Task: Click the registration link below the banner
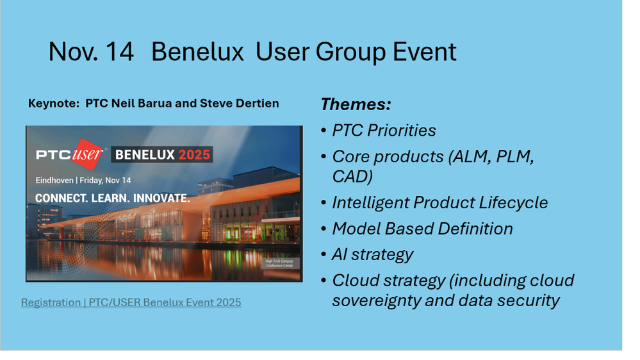131,302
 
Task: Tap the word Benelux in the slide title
197,52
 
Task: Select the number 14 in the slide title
120,52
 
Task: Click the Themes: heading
356,104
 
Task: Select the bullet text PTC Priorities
384,131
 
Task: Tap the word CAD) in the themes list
352,176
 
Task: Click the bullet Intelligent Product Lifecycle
439,203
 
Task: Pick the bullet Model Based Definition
422,229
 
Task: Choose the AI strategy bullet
372,255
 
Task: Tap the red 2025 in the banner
194,154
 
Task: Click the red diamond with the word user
87,154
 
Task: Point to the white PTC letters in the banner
53,155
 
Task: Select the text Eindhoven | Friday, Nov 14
83,181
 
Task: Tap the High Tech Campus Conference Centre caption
279,263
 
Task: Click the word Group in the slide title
350,53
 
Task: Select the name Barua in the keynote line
155,103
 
